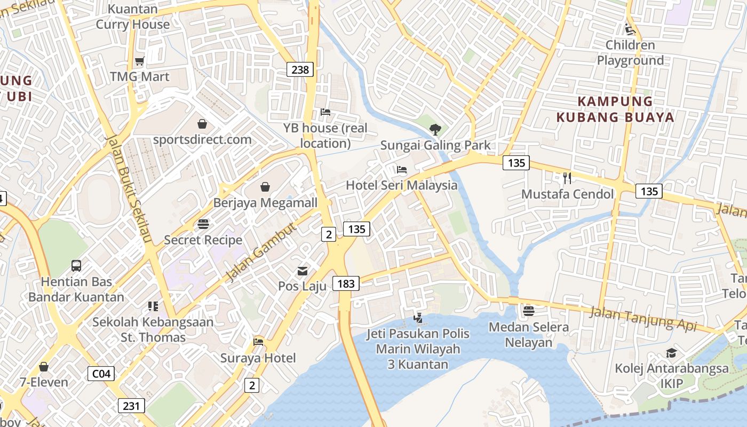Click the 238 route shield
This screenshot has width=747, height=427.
tap(300, 69)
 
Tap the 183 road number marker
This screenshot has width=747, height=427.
tap(346, 283)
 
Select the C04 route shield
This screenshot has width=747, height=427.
tap(101, 373)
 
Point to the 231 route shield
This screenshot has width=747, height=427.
tap(131, 406)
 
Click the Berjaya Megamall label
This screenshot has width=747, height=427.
tap(265, 203)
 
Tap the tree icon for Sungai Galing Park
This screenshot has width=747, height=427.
tap(435, 129)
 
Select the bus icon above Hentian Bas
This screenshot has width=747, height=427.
tap(76, 266)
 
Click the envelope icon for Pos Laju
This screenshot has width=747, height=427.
tap(303, 271)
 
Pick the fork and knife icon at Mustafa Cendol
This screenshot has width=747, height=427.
tap(567, 178)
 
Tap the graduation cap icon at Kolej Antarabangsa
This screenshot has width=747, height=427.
tap(671, 353)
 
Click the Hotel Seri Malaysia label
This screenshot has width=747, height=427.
tap(402, 185)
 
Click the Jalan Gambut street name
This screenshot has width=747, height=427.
tap(260, 252)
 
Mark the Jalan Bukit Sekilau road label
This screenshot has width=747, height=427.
tap(129, 188)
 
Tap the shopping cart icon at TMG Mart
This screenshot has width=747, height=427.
tap(140, 61)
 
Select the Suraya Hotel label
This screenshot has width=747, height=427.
tap(258, 358)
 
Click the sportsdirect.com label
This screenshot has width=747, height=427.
tap(202, 140)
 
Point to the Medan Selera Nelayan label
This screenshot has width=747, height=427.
tap(529, 335)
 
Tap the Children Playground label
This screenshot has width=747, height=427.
tap(630, 53)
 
